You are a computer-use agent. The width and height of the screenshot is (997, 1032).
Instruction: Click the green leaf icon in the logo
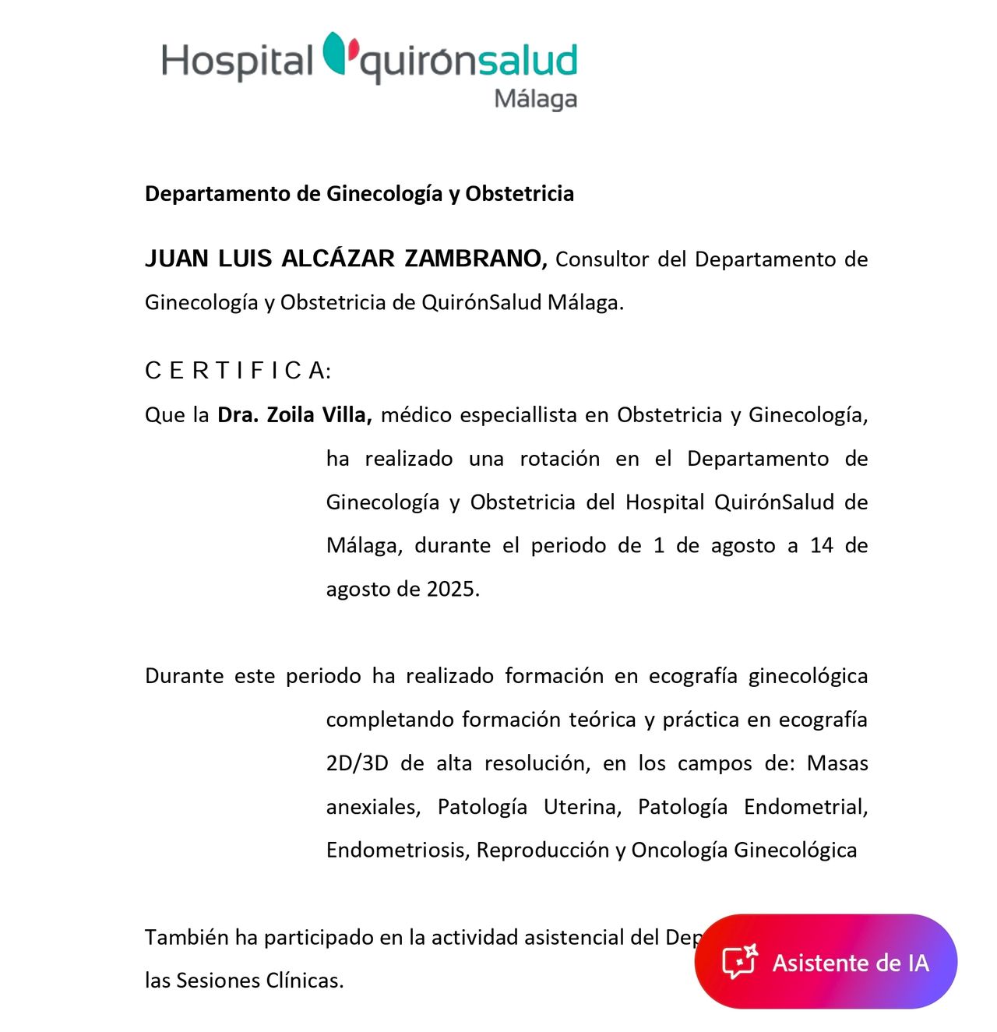click(335, 53)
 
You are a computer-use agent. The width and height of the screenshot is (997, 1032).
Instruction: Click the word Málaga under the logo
click(535, 100)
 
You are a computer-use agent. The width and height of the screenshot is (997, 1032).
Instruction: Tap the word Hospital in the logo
click(237, 61)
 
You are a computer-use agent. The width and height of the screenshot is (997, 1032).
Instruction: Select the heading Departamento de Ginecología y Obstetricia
click(359, 194)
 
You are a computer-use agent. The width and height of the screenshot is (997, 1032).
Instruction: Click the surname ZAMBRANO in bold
click(475, 259)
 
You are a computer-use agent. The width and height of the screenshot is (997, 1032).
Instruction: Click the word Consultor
click(601, 259)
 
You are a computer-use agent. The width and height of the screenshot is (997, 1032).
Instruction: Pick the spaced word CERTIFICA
click(238, 371)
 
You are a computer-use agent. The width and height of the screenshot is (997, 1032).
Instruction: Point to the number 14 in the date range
click(822, 545)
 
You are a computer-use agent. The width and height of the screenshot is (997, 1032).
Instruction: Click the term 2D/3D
click(357, 763)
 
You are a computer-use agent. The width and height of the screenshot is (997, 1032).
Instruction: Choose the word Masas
click(837, 763)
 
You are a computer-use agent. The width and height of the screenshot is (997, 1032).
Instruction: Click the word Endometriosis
click(396, 850)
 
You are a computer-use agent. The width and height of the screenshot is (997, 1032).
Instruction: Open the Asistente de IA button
click(826, 962)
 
